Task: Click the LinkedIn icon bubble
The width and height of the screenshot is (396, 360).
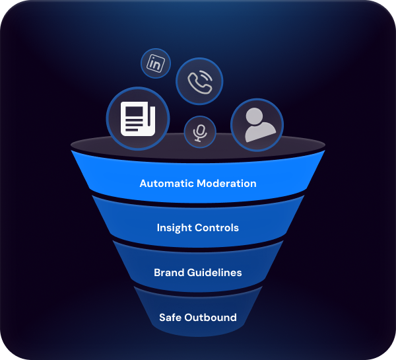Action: pos(156,64)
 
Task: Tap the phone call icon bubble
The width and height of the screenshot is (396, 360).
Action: pos(199,81)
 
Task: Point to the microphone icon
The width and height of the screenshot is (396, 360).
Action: pos(199,132)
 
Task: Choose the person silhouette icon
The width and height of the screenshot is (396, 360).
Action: pos(257,126)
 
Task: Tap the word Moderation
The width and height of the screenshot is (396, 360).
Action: pos(226,183)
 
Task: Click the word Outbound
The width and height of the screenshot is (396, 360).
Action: pos(211,317)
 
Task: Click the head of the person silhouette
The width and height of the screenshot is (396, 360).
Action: pos(257,116)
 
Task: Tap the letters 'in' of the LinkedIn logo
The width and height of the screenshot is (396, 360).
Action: pos(156,64)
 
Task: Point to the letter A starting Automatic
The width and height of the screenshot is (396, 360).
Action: pos(143,183)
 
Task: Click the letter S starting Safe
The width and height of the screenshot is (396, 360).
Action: pos(162,317)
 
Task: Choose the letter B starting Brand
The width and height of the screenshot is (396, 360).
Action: pos(157,272)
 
